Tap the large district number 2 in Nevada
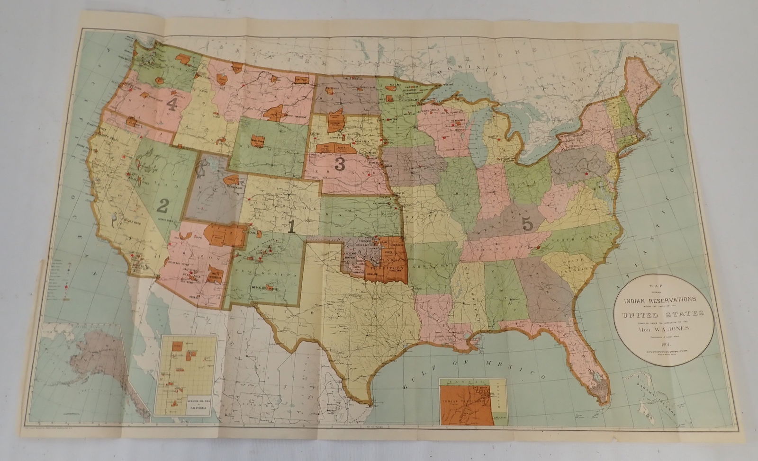(163, 206)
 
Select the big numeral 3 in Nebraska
(339, 164)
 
